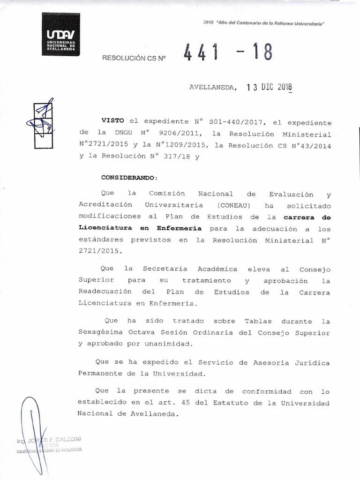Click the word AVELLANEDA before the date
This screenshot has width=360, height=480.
213,87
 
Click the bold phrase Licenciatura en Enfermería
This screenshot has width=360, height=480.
140,229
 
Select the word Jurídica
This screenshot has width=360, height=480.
309,363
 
